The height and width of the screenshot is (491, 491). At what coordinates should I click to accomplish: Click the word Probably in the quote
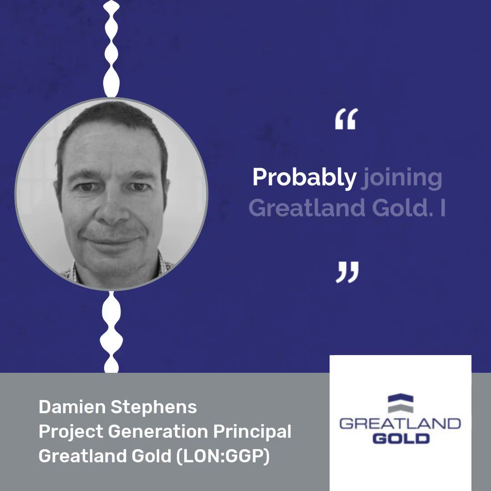point(304,178)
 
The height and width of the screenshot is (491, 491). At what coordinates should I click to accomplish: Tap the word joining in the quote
point(401,178)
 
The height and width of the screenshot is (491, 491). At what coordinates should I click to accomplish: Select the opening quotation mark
point(346,119)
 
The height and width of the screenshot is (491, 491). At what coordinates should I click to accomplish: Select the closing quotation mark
point(347,272)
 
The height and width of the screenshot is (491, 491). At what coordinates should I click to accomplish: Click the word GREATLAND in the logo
point(400,424)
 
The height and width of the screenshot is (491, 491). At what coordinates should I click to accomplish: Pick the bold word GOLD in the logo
point(400,438)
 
